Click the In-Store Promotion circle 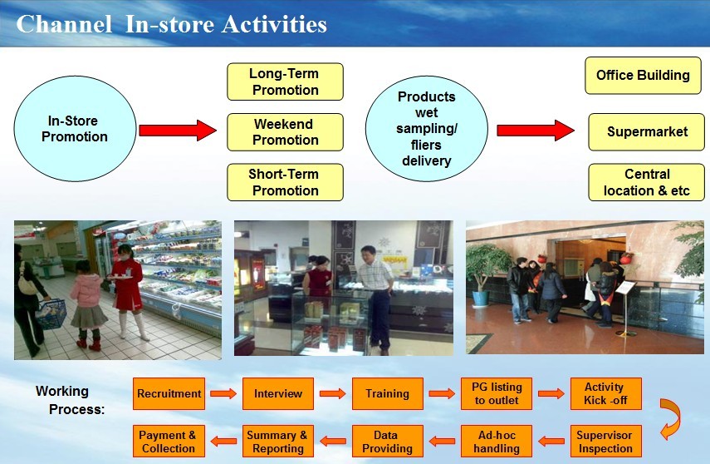(75, 129)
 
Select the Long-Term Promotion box (286, 81)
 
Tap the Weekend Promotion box (286, 132)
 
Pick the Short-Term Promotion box (286, 182)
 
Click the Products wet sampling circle (427, 129)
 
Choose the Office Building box (643, 76)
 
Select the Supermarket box (647, 132)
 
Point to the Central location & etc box (647, 182)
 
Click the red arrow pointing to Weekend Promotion (178, 131)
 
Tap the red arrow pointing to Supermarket (536, 131)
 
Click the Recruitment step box (169, 393)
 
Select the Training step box (388, 393)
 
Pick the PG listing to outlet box (497, 393)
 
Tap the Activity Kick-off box (606, 393)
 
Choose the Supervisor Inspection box (606, 442)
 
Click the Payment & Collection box (169, 442)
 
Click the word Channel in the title (64, 24)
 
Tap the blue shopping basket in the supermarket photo (51, 313)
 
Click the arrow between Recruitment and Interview (223, 393)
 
